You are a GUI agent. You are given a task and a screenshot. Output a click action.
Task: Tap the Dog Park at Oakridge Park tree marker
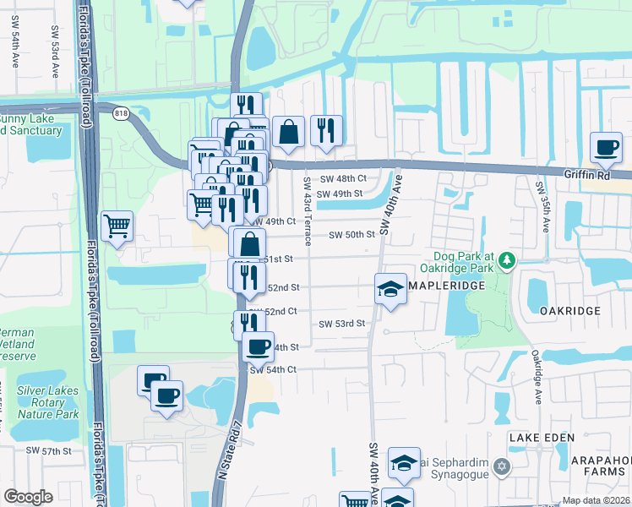tap(507, 260)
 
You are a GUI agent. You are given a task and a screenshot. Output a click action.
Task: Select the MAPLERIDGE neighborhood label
tap(445, 287)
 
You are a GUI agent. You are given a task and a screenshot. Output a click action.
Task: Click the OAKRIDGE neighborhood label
tap(570, 310)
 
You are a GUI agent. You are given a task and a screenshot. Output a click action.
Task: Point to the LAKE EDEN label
tap(542, 437)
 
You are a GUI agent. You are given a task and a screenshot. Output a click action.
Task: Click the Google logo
tap(29, 496)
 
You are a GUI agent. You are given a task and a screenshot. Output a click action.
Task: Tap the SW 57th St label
tap(56, 452)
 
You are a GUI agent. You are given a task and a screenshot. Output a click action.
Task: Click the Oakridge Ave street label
tap(536, 378)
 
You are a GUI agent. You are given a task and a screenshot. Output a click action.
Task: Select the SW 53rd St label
tap(341, 324)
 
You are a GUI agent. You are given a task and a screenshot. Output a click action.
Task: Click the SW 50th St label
tap(351, 234)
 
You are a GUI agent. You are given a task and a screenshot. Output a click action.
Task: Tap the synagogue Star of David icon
tap(501, 466)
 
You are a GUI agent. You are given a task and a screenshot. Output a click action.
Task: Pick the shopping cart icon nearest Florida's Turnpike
tap(117, 226)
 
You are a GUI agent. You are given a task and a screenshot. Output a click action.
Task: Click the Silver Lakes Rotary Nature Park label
tap(47, 402)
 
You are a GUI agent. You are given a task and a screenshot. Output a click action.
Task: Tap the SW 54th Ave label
tap(15, 47)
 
